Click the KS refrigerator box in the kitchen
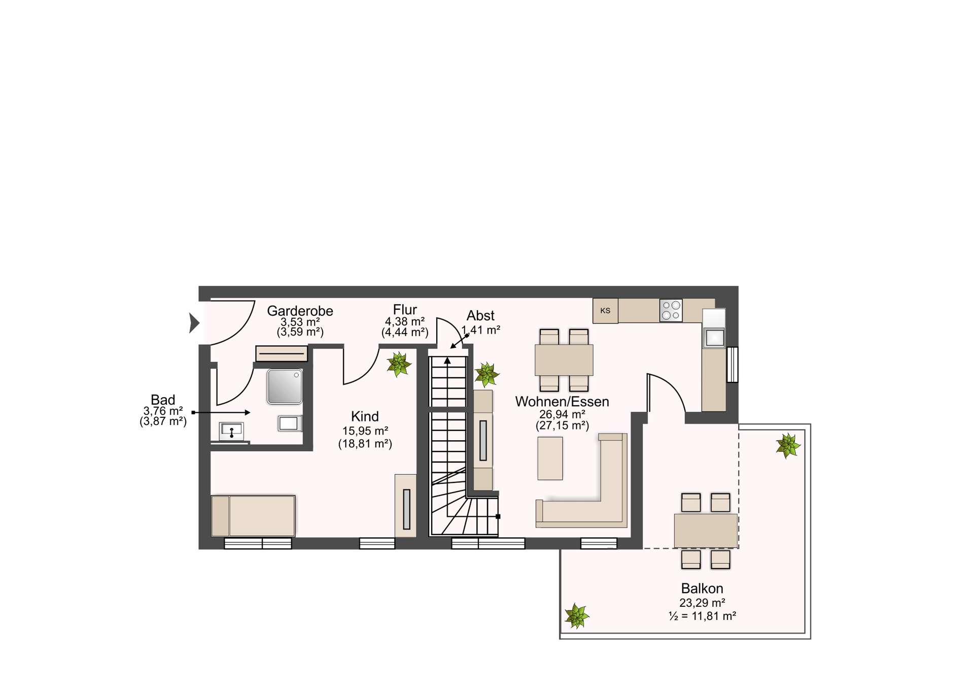coord(605,311)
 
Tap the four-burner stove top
coord(671,310)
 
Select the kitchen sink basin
coord(714,338)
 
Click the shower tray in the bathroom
coord(285,386)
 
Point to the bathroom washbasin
coord(231,432)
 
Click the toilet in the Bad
coord(290,423)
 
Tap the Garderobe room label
coord(300,311)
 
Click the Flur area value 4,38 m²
coord(405,321)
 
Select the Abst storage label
coord(480,316)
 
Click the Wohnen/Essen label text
coord(562,402)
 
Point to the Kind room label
coord(365,417)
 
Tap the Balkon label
coord(702,588)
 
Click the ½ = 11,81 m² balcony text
coord(702,616)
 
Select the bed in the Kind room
coord(253,516)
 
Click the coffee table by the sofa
coord(550,458)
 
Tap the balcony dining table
coord(706,531)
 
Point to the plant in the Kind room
coord(398,365)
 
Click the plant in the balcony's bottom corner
coord(577,616)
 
